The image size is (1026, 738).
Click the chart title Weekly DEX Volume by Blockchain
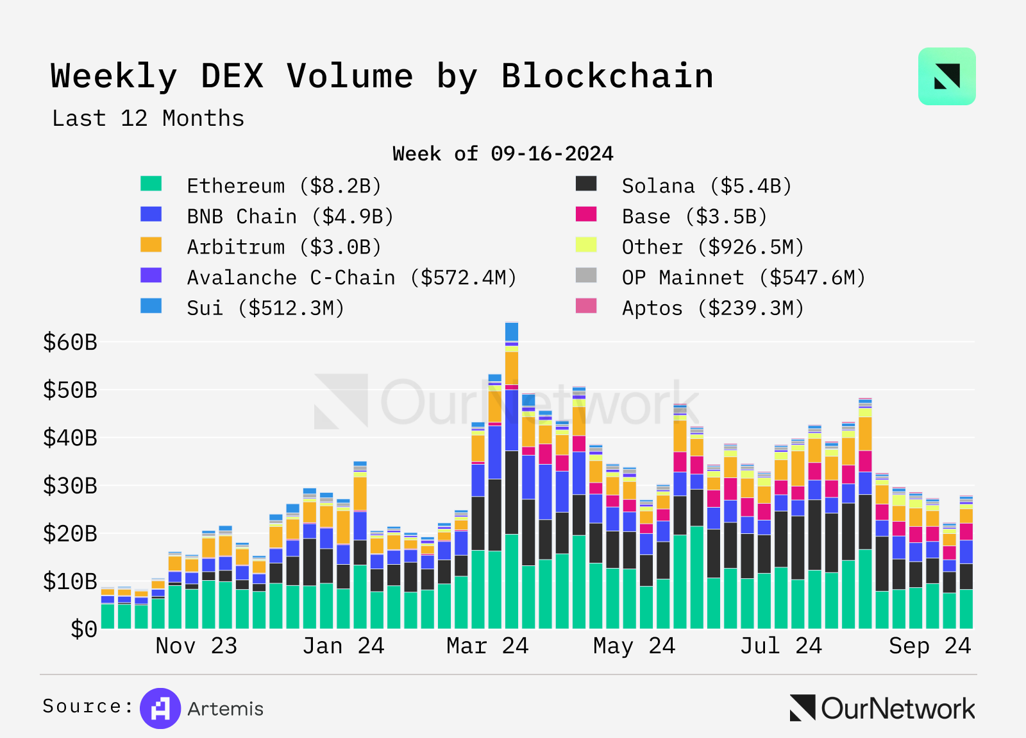tap(382, 76)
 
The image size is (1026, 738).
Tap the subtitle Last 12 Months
tap(148, 119)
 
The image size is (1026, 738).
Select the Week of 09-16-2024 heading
tap(503, 154)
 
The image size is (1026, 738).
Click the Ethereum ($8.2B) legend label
tap(283, 186)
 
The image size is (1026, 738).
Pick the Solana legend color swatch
tap(586, 184)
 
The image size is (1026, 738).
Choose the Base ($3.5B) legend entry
tap(694, 217)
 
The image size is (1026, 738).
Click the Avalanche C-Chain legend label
tap(351, 278)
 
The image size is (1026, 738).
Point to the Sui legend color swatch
tap(151, 306)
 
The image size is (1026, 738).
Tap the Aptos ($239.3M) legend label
tap(712, 309)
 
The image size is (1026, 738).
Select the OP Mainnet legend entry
tap(743, 278)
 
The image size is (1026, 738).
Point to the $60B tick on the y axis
tap(70, 343)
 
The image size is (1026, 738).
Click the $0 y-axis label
tap(84, 630)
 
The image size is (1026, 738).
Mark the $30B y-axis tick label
tap(70, 486)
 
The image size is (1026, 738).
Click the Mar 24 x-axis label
tap(487, 646)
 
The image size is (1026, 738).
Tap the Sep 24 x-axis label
tap(930, 646)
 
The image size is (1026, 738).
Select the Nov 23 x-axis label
tap(196, 646)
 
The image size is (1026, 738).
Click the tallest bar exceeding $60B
tap(511, 475)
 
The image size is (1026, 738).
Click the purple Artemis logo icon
tap(160, 708)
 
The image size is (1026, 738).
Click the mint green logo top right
tap(946, 76)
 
